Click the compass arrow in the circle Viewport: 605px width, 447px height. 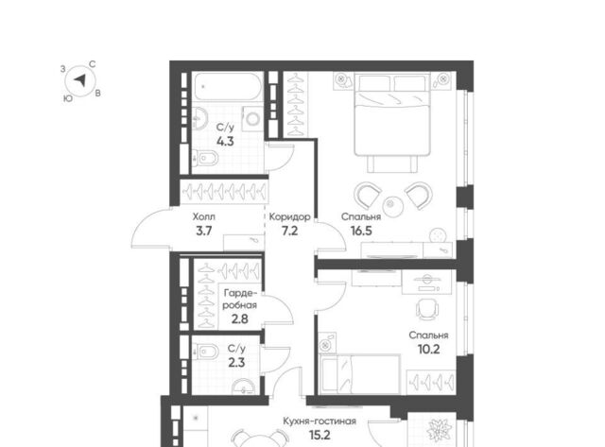pos(80,80)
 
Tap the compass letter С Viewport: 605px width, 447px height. pos(93,64)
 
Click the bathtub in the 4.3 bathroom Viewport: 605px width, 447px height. pos(228,87)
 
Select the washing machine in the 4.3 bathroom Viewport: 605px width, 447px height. pos(252,118)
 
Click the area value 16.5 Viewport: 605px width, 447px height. pos(361,231)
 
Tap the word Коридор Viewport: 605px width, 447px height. pos(289,216)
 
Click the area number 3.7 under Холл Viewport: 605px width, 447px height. pos(204,231)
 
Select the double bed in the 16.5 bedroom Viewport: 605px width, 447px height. pos(392,115)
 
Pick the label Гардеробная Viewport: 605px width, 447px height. pos(239,299)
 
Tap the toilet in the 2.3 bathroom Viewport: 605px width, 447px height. pos(205,352)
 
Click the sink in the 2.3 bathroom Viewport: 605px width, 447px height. pos(244,387)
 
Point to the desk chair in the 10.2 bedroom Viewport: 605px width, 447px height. pos(427,309)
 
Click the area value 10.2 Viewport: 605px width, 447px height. pos(428,350)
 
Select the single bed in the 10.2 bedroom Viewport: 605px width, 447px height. pos(360,374)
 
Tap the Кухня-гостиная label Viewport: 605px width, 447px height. pos(320,421)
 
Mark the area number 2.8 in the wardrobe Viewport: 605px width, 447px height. pos(239,319)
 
